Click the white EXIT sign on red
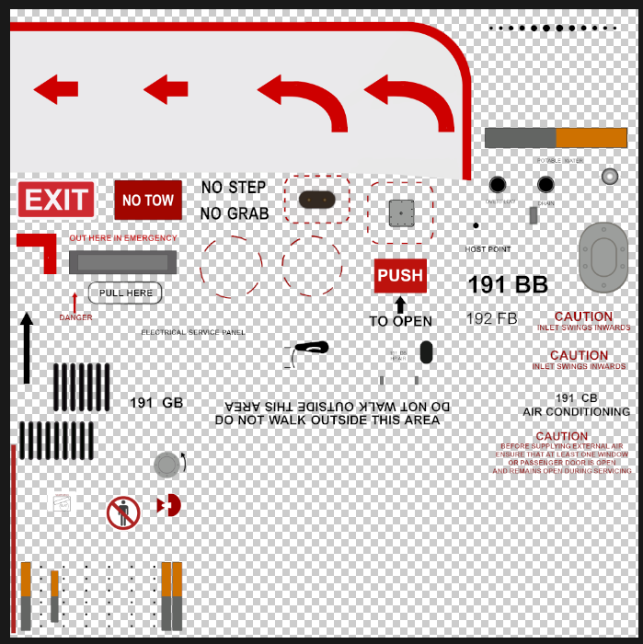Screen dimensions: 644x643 tap(56, 200)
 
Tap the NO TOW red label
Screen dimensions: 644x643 tap(147, 200)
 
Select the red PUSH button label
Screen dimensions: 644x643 tap(400, 275)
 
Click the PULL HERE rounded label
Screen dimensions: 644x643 tap(125, 293)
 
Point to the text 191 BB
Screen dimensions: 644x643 tap(508, 285)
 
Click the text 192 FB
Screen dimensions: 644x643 tap(492, 319)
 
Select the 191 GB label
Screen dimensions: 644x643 tap(156, 403)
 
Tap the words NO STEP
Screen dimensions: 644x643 tap(234, 188)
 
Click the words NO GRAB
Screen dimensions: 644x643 tap(235, 213)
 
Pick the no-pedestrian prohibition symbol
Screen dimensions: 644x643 tap(123, 512)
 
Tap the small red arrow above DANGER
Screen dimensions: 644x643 tap(75, 302)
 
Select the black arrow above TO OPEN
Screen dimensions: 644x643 tap(400, 305)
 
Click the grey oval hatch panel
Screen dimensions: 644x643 tap(603, 258)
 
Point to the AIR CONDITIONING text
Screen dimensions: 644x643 tap(577, 412)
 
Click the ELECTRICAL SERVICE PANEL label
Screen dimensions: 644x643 tap(193, 332)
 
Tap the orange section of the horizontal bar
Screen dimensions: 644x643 tap(591, 138)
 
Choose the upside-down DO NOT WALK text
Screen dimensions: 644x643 tap(338, 406)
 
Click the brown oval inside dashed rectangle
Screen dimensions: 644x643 tap(317, 200)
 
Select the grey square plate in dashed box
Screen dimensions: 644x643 tap(401, 213)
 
